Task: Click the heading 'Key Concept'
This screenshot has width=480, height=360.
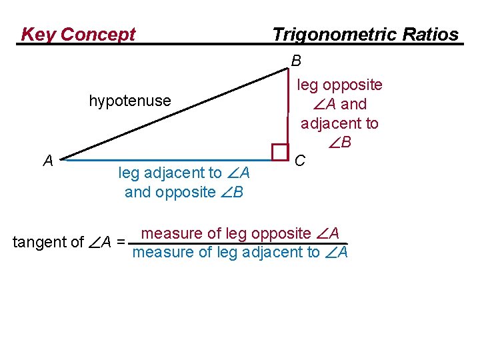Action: pyautogui.click(x=78, y=34)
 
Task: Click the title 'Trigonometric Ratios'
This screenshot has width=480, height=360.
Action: pyautogui.click(x=365, y=34)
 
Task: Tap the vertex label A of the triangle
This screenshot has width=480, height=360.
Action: pyautogui.click(x=48, y=160)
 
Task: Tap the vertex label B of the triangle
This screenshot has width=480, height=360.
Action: pyautogui.click(x=297, y=61)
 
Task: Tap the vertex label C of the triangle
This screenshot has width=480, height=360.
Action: pyautogui.click(x=301, y=160)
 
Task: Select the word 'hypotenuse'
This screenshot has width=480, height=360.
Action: pyautogui.click(x=130, y=101)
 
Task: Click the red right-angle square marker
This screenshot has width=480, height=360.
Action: pyautogui.click(x=280, y=153)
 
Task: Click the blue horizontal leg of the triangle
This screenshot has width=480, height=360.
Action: pyautogui.click(x=167, y=161)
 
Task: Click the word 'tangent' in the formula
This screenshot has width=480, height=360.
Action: pyautogui.click(x=38, y=242)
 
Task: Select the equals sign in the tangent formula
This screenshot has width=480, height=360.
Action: pyautogui.click(x=120, y=242)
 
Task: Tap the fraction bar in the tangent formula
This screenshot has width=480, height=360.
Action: pyautogui.click(x=240, y=243)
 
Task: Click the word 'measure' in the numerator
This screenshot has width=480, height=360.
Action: pyautogui.click(x=172, y=233)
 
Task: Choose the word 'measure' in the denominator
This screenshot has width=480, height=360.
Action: pyautogui.click(x=163, y=252)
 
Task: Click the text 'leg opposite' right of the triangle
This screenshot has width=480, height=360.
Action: pyautogui.click(x=339, y=85)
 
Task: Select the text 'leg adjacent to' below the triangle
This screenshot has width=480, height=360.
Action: pyautogui.click(x=170, y=173)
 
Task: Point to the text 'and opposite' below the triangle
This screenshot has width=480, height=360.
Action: pyautogui.click(x=169, y=193)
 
